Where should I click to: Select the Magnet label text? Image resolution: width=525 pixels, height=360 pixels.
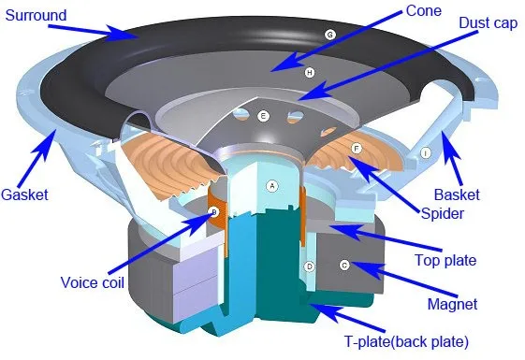452,304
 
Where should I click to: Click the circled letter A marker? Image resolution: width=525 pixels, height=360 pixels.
272,185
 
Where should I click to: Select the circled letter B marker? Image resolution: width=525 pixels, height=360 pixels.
213,213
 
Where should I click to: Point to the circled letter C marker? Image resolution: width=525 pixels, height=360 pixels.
344,266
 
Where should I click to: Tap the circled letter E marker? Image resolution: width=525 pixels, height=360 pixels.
263,116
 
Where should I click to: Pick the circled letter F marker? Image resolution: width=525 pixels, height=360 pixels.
356,149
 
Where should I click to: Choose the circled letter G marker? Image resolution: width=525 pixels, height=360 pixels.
329,35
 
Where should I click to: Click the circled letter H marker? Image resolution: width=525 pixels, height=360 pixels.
308,72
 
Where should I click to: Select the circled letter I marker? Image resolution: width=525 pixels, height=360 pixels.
426,152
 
